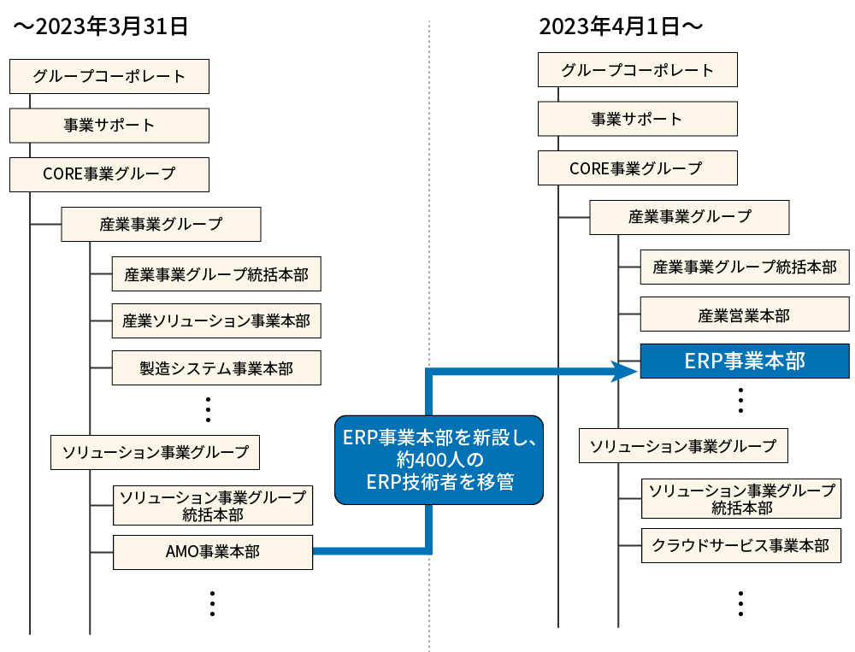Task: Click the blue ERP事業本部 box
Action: point(745,361)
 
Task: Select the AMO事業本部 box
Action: point(213,552)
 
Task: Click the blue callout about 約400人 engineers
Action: point(438,459)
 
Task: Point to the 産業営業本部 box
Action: point(745,315)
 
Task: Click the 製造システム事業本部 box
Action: point(204,368)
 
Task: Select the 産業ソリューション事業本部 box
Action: point(204,321)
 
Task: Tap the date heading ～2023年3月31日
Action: point(100,26)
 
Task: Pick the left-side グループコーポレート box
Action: point(109,76)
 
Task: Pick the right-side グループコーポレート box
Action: point(638,69)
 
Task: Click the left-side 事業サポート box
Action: point(109,125)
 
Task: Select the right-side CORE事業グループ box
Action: point(638,167)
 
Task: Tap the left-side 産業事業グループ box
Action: point(161,224)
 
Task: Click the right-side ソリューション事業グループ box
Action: point(683,445)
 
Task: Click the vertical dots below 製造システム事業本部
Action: point(209,409)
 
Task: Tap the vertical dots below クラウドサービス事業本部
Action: point(740,602)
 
